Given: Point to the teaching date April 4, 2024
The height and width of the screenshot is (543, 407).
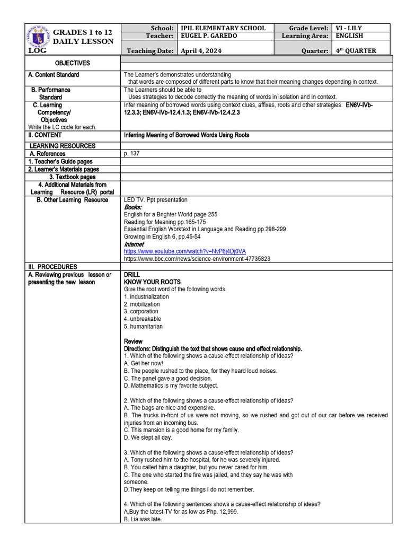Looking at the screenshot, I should pyautogui.click(x=201, y=51).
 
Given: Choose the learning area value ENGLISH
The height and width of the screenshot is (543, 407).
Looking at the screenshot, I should pyautogui.click(x=349, y=36).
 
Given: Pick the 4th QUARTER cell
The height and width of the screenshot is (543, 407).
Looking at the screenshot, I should pyautogui.click(x=356, y=51).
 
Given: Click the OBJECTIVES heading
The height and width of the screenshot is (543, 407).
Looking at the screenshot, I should pyautogui.click(x=73, y=63).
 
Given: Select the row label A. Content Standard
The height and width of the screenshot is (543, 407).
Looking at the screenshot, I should pyautogui.click(x=54, y=75).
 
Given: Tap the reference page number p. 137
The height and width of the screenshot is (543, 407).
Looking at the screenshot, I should pyautogui.click(x=132, y=154).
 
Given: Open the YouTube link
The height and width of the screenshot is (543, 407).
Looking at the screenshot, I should pyautogui.click(x=184, y=251).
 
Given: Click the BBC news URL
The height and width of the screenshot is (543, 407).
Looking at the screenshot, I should pyautogui.click(x=197, y=259).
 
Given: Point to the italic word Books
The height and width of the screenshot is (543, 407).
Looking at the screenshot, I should pyautogui.click(x=133, y=207).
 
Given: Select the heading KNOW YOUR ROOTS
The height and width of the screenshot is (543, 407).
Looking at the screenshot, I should pyautogui.click(x=152, y=282).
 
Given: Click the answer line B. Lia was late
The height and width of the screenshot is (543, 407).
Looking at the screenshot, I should pyautogui.click(x=143, y=520).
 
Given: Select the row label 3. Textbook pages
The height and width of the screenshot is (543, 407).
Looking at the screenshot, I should pyautogui.click(x=73, y=177).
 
